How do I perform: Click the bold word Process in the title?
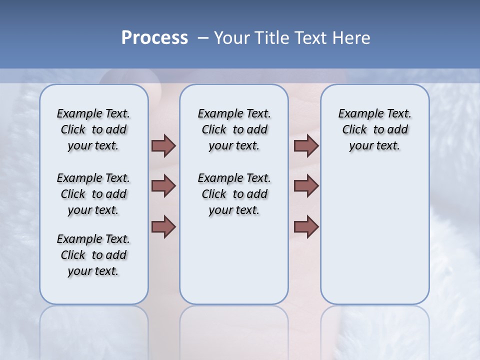pos(154,38)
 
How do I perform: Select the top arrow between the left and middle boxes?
pos(163,145)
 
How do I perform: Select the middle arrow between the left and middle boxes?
pos(163,186)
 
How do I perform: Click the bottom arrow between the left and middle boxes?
pos(163,226)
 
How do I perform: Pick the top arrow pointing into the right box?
pos(306,145)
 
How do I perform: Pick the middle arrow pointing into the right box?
pos(306,186)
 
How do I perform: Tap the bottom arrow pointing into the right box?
pos(306,226)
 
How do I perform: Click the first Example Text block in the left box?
pos(93,129)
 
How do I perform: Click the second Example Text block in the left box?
pos(93,194)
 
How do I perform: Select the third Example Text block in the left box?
pos(93,255)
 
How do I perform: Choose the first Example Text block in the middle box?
pos(234,129)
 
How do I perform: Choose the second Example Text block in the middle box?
pos(234,194)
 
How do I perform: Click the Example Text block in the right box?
pos(374,129)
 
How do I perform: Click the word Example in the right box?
pos(356,113)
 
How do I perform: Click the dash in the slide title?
pos(203,38)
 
